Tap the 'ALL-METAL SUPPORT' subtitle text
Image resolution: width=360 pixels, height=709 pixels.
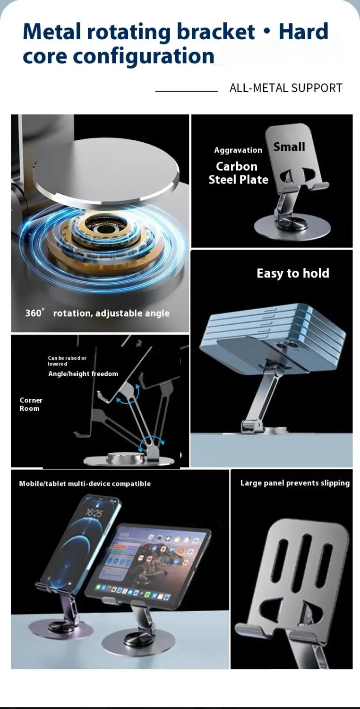285,88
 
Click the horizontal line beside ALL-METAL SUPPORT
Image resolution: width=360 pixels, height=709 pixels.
186,91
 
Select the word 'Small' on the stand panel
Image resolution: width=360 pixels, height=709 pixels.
289,147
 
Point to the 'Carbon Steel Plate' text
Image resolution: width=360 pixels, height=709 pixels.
238,173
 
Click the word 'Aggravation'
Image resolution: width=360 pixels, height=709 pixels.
238,150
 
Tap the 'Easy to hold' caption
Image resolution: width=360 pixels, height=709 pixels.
292,273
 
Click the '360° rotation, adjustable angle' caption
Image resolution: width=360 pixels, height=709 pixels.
97,313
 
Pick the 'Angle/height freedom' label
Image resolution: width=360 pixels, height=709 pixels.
83,374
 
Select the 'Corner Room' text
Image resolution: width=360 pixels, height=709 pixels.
31,404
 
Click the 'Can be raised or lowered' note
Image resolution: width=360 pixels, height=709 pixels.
67,361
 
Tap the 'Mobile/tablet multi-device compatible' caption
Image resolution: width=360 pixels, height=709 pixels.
85,484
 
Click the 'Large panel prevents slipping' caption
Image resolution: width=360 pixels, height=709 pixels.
295,483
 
